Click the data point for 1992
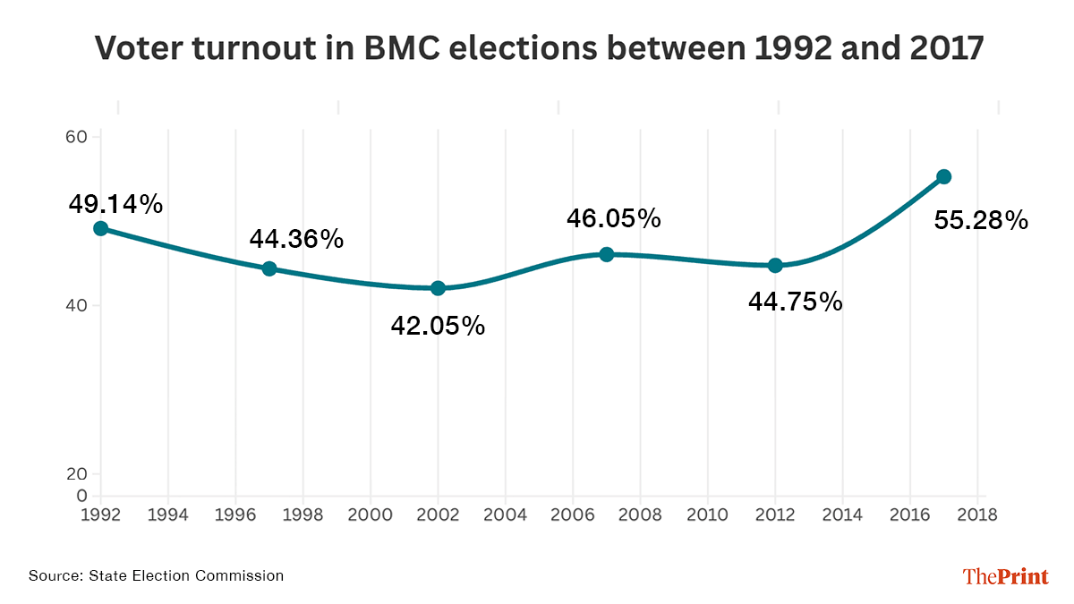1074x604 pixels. pyautogui.click(x=100, y=228)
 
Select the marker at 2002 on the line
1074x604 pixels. pyautogui.click(x=438, y=288)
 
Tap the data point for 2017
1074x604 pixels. pyautogui.click(x=943, y=176)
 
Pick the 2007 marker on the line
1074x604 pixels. pyautogui.click(x=606, y=254)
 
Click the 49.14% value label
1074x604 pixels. pyautogui.click(x=115, y=204)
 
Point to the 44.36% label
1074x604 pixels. pyautogui.click(x=296, y=239)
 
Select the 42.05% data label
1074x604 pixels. pyautogui.click(x=438, y=326)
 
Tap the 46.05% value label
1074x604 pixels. pyautogui.click(x=613, y=217)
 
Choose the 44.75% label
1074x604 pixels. pyautogui.click(x=795, y=302)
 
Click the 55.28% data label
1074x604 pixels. pyautogui.click(x=981, y=220)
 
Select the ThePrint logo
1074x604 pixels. pyautogui.click(x=1005, y=576)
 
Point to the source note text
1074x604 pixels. pyautogui.click(x=156, y=575)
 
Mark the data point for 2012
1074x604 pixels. pyautogui.click(x=775, y=265)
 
